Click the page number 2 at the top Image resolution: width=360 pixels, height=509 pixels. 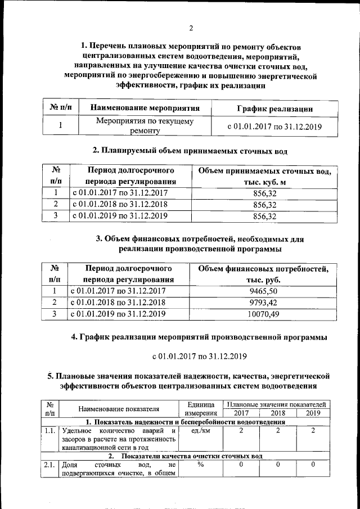(x=191, y=28)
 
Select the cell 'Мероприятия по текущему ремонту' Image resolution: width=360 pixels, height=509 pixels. (x=145, y=126)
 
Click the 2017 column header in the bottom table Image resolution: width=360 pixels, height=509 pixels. (x=241, y=413)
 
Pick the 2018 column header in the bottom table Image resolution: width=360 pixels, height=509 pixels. (x=277, y=413)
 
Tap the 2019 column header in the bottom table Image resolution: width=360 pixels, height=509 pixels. (x=313, y=413)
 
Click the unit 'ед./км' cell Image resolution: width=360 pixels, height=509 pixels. (x=201, y=431)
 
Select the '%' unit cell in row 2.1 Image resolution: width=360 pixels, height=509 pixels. (x=201, y=465)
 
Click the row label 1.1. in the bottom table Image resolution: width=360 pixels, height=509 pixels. (x=49, y=431)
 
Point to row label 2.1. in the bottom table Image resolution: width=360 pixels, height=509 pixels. (x=49, y=465)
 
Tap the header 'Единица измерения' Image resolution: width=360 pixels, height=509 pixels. (x=201, y=408)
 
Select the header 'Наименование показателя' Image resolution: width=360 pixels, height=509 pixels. (x=119, y=409)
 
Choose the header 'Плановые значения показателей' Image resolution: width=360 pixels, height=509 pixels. (x=276, y=404)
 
